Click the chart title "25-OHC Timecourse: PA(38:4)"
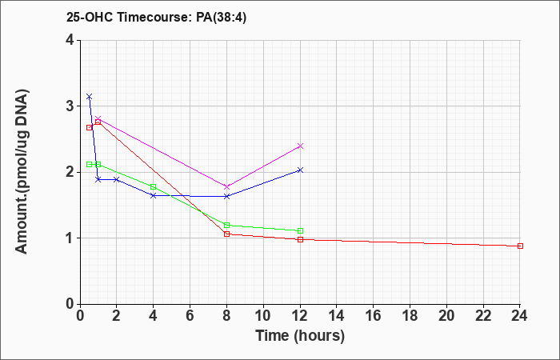[156, 18]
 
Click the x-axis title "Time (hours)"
[300, 336]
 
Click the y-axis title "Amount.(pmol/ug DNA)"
[22, 172]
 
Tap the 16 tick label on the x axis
[374, 316]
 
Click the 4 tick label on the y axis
[70, 40]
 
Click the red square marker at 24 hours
[520, 246]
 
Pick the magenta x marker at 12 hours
[300, 146]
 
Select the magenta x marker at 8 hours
[226, 186]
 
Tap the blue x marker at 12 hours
[300, 170]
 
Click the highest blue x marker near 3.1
[90, 97]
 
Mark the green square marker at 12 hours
[300, 230]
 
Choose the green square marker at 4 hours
[154, 186]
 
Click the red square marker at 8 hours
[226, 234]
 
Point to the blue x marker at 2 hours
[117, 179]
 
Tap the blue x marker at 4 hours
[154, 195]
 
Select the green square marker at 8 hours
[226, 225]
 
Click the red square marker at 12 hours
[300, 239]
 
